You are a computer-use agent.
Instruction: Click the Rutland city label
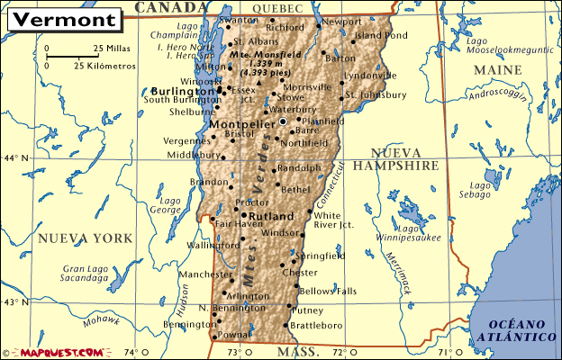click(x=270, y=217)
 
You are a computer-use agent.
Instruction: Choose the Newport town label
click(x=341, y=21)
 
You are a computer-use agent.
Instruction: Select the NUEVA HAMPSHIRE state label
click(x=395, y=159)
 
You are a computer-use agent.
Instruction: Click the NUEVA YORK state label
click(x=85, y=238)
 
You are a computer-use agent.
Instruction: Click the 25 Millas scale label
click(x=110, y=48)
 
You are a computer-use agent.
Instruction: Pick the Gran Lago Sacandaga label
click(x=86, y=274)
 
